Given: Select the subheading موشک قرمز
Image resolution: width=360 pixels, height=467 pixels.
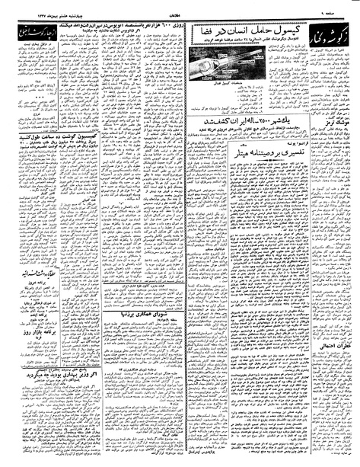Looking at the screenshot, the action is pos(339,164).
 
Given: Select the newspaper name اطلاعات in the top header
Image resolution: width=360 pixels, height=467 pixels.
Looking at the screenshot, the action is pos(177,8).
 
